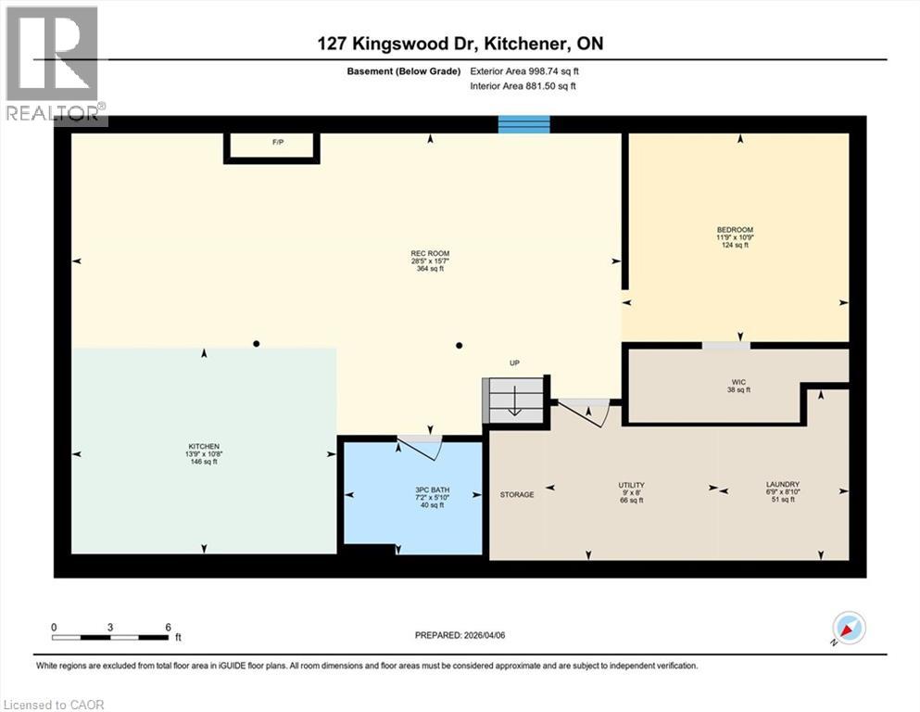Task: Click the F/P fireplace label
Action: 276,143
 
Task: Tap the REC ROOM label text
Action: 430,254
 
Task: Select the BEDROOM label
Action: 735,230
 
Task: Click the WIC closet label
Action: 738,382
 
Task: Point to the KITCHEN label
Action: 203,447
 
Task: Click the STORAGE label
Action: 517,495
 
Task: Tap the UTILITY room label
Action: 632,485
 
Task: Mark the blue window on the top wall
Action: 524,124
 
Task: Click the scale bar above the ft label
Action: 110,637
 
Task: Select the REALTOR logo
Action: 54,63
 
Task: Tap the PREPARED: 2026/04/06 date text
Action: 460,635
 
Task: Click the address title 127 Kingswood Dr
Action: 460,44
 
